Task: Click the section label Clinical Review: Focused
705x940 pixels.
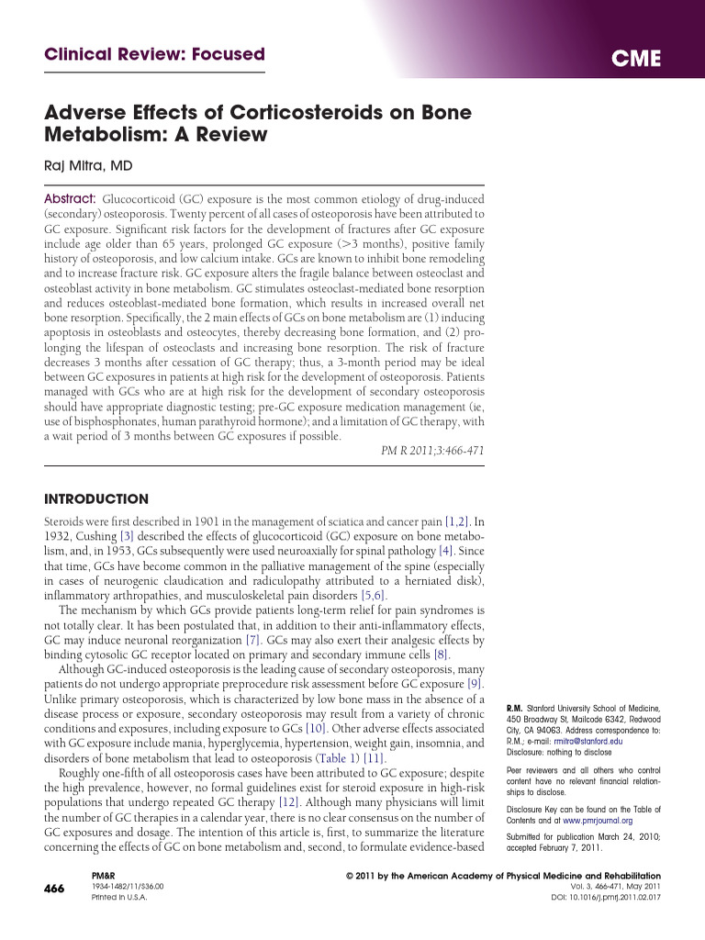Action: coord(154,55)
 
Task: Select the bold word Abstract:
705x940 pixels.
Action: coord(70,199)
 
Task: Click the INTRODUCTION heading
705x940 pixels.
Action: coord(96,499)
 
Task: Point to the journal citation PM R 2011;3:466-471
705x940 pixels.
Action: coord(432,451)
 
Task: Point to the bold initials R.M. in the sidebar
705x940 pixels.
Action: coord(514,709)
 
